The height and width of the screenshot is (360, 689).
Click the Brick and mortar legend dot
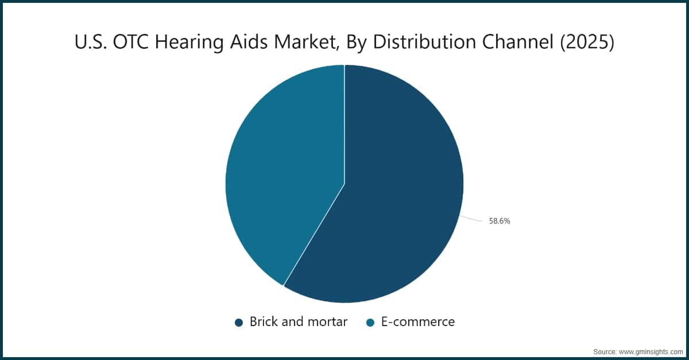point(239,322)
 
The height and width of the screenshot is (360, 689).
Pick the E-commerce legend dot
point(371,322)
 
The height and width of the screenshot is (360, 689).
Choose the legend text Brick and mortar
point(298,322)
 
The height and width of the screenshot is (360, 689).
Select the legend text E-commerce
point(418,322)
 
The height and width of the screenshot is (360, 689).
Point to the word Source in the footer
point(604,351)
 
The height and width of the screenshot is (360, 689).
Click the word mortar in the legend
point(328,322)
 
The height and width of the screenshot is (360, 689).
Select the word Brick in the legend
point(262,322)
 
